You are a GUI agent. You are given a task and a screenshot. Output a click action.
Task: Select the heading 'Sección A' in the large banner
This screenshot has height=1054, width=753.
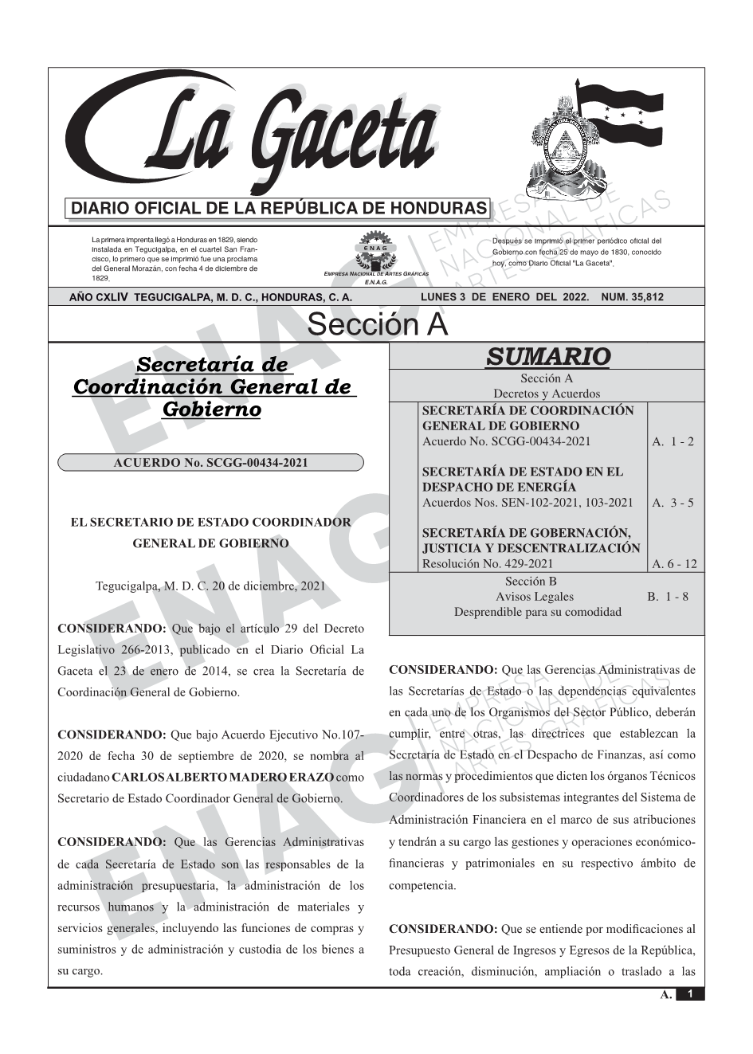point(377,325)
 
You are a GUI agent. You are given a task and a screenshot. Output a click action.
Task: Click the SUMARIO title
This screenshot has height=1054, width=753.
point(547,356)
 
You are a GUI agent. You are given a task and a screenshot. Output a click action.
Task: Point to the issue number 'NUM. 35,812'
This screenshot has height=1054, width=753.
point(633,297)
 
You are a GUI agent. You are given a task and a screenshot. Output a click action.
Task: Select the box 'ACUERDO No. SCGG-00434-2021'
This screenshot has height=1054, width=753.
point(211,462)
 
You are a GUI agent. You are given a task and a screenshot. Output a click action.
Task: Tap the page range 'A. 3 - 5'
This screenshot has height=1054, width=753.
point(673,502)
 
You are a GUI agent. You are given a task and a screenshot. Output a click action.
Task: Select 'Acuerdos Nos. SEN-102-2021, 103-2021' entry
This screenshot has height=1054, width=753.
point(527,502)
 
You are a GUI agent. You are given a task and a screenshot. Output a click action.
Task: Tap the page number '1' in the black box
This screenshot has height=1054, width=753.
point(690,994)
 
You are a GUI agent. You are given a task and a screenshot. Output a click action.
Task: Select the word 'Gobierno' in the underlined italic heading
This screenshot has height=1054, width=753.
point(211,409)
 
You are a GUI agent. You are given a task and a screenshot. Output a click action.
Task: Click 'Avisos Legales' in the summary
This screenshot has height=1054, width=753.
point(534,596)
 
